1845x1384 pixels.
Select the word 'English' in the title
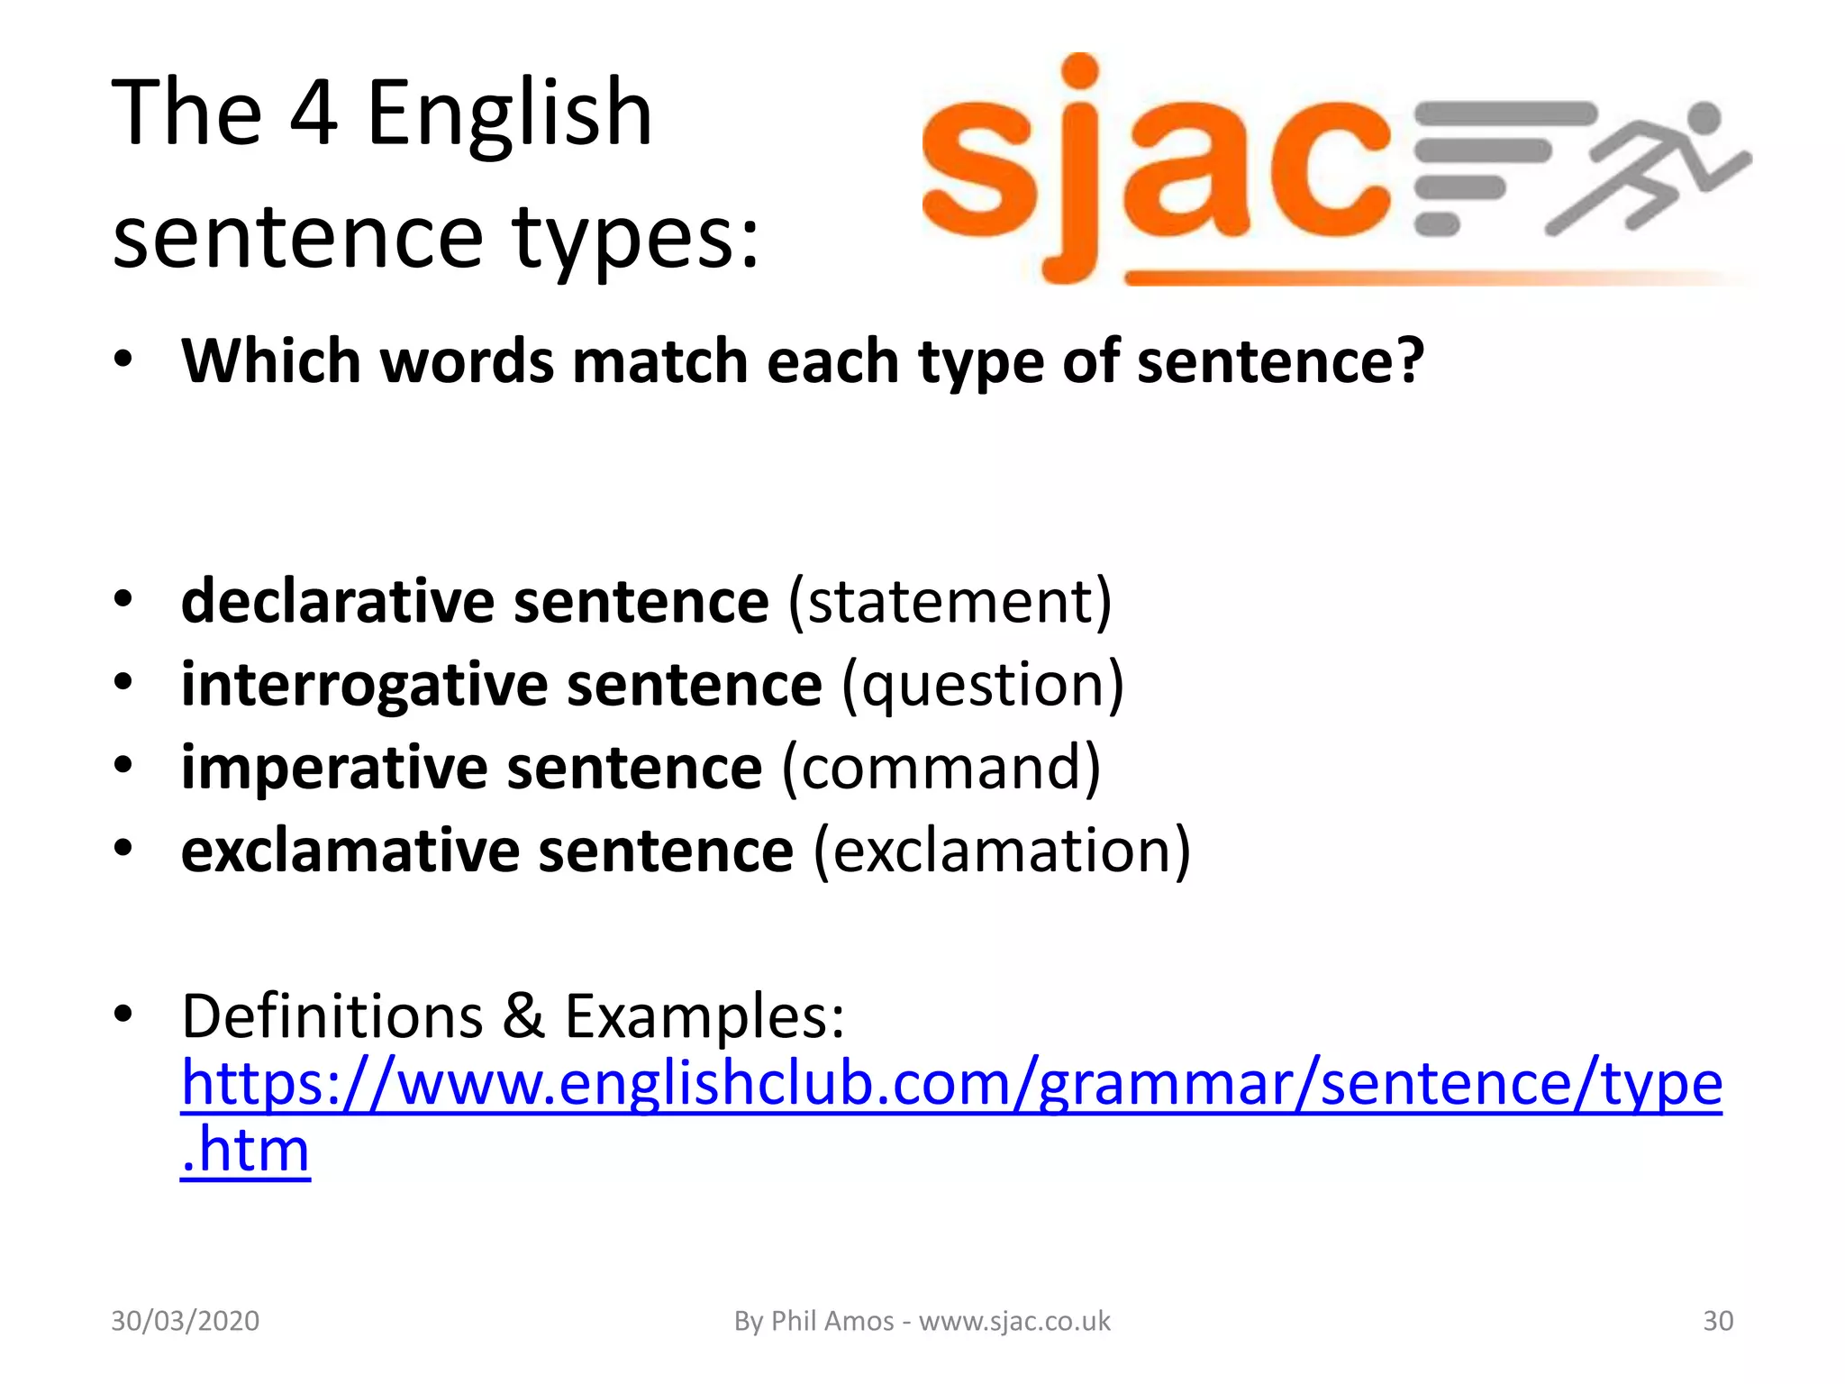click(509, 114)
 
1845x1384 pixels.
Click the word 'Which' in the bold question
click(270, 360)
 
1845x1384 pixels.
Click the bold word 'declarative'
click(337, 601)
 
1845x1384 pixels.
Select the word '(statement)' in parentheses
click(950, 602)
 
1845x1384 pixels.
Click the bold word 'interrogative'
click(364, 685)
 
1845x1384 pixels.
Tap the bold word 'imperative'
click(334, 768)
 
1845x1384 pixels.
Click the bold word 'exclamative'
click(350, 851)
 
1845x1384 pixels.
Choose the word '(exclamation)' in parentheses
click(1002, 851)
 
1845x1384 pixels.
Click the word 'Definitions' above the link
click(332, 1016)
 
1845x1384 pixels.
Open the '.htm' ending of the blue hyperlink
click(245, 1151)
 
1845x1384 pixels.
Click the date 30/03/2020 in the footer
click(185, 1321)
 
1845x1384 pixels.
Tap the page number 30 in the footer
click(1718, 1321)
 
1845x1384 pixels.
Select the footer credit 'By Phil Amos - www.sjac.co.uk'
click(922, 1321)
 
